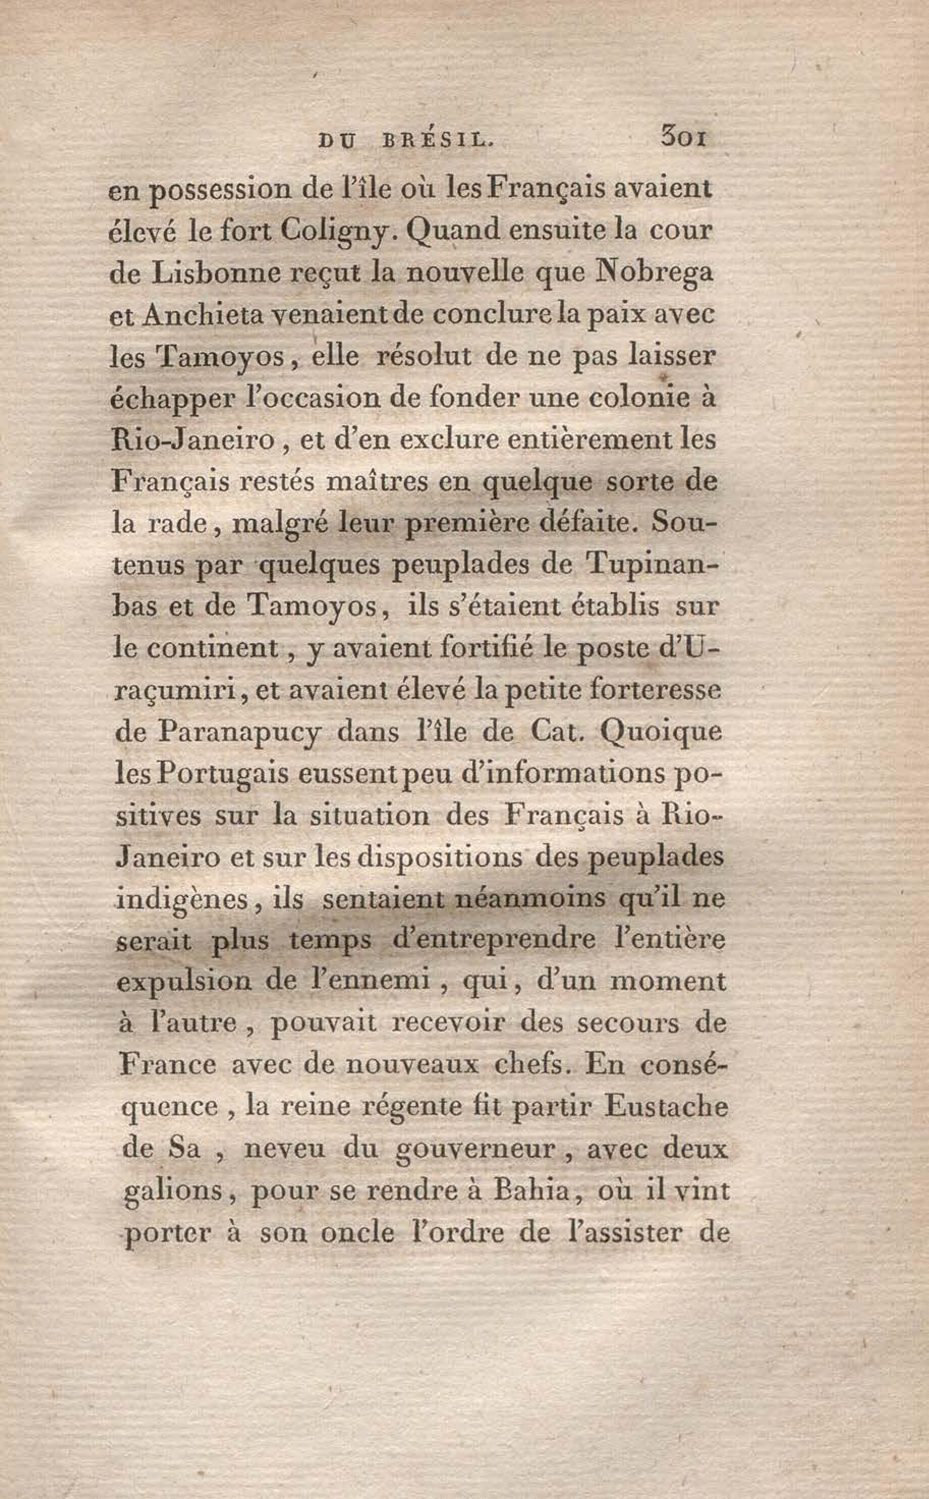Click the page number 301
pyautogui.click(x=683, y=137)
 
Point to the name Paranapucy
pyautogui.click(x=240, y=733)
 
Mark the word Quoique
pyautogui.click(x=661, y=733)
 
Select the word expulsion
pyautogui.click(x=184, y=983)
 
